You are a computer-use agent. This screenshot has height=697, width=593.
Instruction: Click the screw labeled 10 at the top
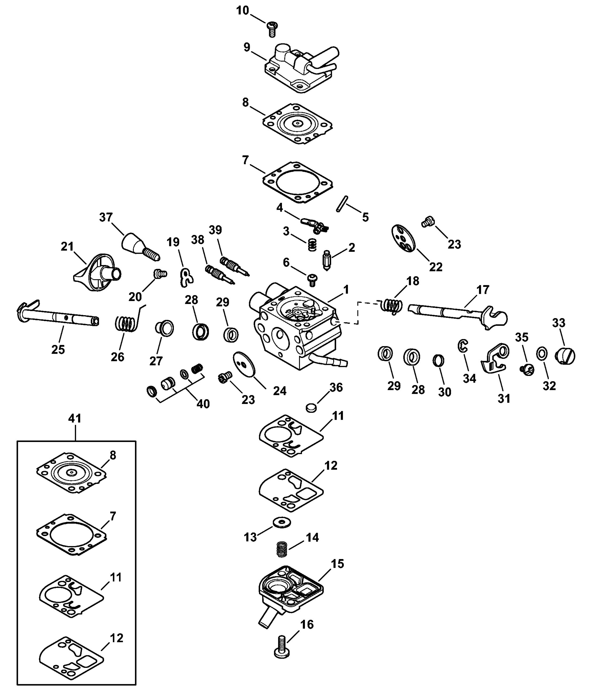tap(272, 29)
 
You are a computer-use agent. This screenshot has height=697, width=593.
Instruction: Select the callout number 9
tap(247, 47)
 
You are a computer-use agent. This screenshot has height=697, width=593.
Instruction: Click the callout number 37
tap(106, 217)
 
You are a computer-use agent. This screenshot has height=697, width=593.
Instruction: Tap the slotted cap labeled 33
tap(565, 356)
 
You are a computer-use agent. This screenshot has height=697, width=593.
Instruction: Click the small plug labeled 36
tap(311, 408)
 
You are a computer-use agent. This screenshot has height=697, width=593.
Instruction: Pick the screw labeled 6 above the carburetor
tap(312, 279)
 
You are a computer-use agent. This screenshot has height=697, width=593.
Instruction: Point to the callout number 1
tap(346, 289)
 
